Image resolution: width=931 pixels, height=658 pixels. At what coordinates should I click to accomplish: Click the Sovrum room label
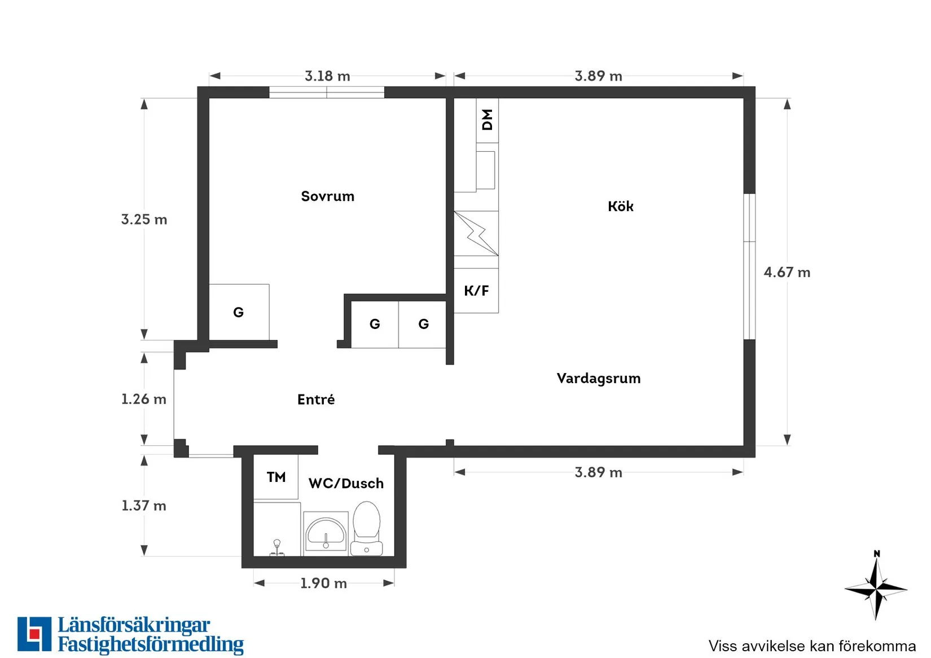(327, 196)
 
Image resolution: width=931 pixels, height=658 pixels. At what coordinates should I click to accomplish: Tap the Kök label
(621, 206)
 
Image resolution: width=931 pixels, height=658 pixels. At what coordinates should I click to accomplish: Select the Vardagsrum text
(599, 378)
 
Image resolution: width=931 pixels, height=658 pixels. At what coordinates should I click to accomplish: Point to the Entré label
(316, 400)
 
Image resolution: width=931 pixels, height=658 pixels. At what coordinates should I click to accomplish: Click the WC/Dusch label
(346, 484)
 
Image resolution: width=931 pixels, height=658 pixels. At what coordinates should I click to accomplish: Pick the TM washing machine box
(275, 477)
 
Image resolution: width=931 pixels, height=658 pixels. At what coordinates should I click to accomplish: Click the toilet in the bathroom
(367, 529)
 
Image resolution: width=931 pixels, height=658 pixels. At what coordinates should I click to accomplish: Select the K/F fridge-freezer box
(476, 291)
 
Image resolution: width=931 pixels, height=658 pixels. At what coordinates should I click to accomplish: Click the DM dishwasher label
(487, 120)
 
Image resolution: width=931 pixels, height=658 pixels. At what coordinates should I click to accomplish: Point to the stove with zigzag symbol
(476, 234)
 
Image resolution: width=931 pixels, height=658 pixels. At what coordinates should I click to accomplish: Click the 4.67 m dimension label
(787, 272)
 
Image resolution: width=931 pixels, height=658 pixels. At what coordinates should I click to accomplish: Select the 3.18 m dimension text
(327, 76)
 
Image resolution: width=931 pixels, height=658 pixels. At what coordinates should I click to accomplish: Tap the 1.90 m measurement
(323, 583)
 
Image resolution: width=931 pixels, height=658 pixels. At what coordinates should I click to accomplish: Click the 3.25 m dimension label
(144, 220)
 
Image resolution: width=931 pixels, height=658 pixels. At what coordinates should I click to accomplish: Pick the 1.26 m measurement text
(144, 399)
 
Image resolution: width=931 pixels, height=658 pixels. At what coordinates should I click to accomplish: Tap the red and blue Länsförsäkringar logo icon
(34, 634)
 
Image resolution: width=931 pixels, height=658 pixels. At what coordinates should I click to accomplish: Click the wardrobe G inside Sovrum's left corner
(239, 312)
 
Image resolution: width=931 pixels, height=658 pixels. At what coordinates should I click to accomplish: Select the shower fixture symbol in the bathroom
(277, 548)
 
